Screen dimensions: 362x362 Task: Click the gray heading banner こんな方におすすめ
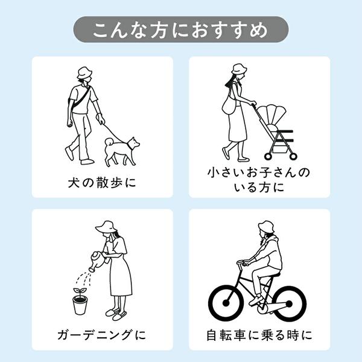pyautogui.click(x=181, y=30)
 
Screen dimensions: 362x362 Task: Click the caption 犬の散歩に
pyautogui.click(x=102, y=183)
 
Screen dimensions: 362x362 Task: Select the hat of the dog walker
pyautogui.click(x=84, y=73)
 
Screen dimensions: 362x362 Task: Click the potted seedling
pyautogui.click(x=80, y=301)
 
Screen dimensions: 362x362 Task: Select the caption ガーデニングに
pyautogui.click(x=102, y=335)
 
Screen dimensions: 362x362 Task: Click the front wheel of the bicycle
pyautogui.click(x=226, y=303)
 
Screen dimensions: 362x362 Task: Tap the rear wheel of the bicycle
pyautogui.click(x=289, y=304)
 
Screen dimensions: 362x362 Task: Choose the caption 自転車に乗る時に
pyautogui.click(x=259, y=335)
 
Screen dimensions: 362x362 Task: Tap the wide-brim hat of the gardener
pyautogui.click(x=106, y=227)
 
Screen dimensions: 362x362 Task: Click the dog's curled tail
pyautogui.click(x=109, y=141)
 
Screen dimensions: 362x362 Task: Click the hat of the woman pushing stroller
pyautogui.click(x=239, y=69)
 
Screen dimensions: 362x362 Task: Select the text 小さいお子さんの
pyautogui.click(x=259, y=173)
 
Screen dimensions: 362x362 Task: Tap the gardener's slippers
pyautogui.click(x=116, y=314)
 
